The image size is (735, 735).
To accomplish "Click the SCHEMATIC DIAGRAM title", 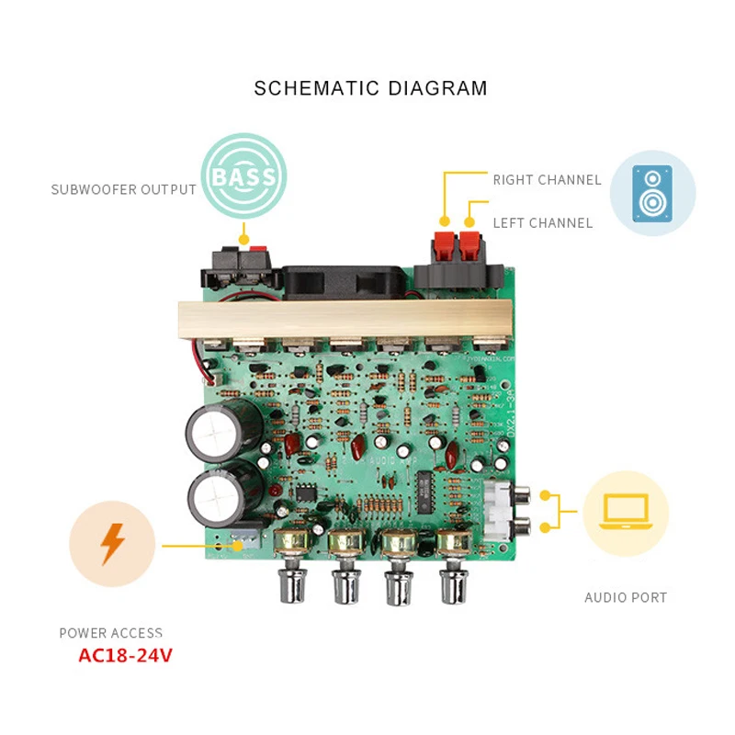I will point(370,88).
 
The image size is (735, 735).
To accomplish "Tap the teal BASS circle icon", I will point(243,175).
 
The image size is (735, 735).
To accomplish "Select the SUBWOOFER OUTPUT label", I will point(123,190).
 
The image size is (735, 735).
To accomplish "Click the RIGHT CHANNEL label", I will point(547,180).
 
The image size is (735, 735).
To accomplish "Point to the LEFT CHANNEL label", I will point(542,223).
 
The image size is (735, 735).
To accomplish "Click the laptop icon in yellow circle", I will point(625,513).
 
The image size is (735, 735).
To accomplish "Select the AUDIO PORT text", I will point(626,598).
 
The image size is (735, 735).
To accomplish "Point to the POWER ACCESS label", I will point(110,633).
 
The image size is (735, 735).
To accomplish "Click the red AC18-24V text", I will point(125,656).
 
